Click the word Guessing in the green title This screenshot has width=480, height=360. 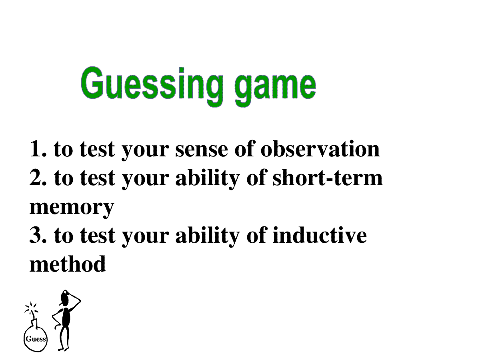(152, 86)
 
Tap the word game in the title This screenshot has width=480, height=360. (275, 89)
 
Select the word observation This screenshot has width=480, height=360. (320, 149)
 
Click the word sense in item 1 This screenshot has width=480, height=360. (202, 150)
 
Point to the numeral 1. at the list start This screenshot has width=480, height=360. (38, 149)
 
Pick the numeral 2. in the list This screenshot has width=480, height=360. (38, 178)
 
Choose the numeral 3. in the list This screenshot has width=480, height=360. (38, 235)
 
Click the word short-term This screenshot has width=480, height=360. (328, 178)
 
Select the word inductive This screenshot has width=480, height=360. (320, 235)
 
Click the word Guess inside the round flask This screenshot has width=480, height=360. (36, 339)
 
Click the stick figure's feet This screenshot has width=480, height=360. (64, 349)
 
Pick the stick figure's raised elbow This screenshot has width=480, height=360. (80, 301)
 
